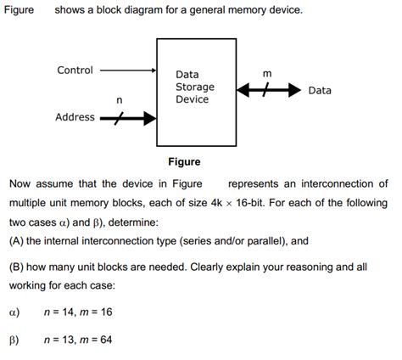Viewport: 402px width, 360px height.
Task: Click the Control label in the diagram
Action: pyautogui.click(x=75, y=70)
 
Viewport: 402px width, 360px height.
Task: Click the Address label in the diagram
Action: pyautogui.click(x=75, y=117)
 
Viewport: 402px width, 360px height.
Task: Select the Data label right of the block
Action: pyautogui.click(x=320, y=90)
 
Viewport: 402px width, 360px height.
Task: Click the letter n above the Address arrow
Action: pyautogui.click(x=119, y=101)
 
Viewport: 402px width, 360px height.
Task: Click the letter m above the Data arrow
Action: pyautogui.click(x=268, y=74)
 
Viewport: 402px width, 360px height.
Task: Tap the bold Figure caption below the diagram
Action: pyautogui.click(x=184, y=161)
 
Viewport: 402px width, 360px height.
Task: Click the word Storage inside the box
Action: pyautogui.click(x=194, y=87)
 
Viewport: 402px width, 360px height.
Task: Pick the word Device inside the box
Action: pyautogui.click(x=192, y=99)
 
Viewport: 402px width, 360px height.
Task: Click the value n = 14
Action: pyautogui.click(x=62, y=312)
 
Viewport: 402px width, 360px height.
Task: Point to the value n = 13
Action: pyautogui.click(x=62, y=340)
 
